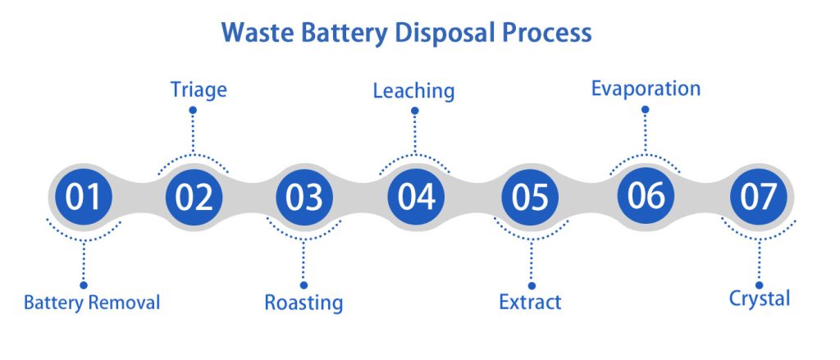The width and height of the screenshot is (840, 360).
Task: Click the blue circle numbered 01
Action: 83,198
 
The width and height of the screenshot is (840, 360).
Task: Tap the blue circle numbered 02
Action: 194,198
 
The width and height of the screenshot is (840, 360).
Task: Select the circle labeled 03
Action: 304,198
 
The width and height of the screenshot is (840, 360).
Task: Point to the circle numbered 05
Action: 529,198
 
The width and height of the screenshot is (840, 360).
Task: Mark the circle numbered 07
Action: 759,198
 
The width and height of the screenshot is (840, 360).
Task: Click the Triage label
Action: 198,89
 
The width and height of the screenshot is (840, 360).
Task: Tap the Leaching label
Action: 413,90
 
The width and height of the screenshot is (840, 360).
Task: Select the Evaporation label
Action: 646,88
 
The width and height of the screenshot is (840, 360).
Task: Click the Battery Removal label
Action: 92,302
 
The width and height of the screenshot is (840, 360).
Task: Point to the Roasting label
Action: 304,302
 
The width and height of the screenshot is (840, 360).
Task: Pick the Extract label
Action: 530,302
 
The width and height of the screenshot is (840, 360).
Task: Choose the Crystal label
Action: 760,298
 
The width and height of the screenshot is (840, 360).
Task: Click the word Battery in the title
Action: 339,34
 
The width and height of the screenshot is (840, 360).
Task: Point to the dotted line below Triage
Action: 194,128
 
